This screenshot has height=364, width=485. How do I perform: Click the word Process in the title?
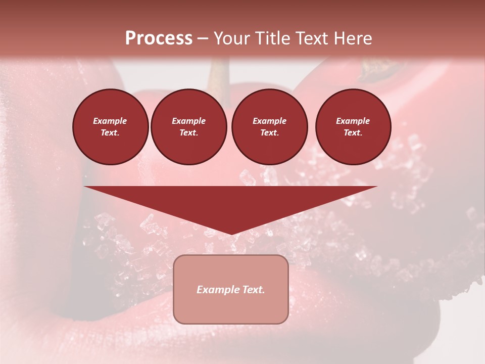click(159, 38)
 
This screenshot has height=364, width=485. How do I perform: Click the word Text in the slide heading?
click(313, 38)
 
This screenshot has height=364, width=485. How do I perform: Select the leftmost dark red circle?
click(111, 127)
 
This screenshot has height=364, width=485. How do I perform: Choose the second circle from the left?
click(189, 127)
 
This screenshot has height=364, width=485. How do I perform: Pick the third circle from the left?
click(270, 127)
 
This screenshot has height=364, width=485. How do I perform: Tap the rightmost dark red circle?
click(353, 127)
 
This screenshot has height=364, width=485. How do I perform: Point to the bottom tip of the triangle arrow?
click(231, 233)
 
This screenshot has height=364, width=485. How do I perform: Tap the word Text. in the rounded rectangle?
click(254, 290)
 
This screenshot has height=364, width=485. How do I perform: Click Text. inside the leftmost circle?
click(110, 133)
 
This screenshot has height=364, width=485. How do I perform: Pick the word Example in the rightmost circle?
click(353, 121)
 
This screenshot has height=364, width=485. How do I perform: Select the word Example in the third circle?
click(269, 121)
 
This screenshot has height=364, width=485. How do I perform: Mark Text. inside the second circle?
click(188, 133)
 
